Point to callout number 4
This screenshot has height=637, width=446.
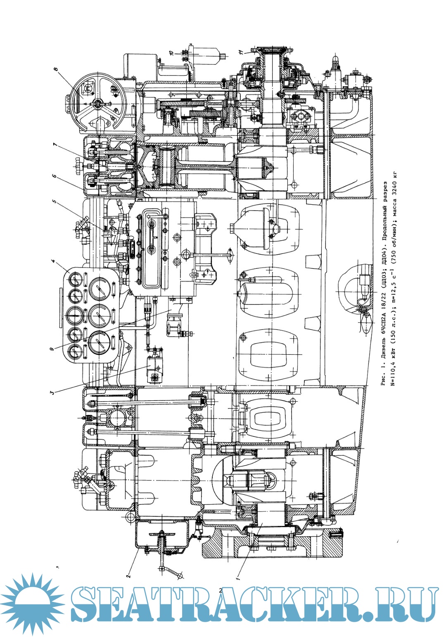(53, 261)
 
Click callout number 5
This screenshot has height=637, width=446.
(53, 202)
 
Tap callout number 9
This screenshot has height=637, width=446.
(52, 349)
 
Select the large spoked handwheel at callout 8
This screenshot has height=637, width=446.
(97, 103)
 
